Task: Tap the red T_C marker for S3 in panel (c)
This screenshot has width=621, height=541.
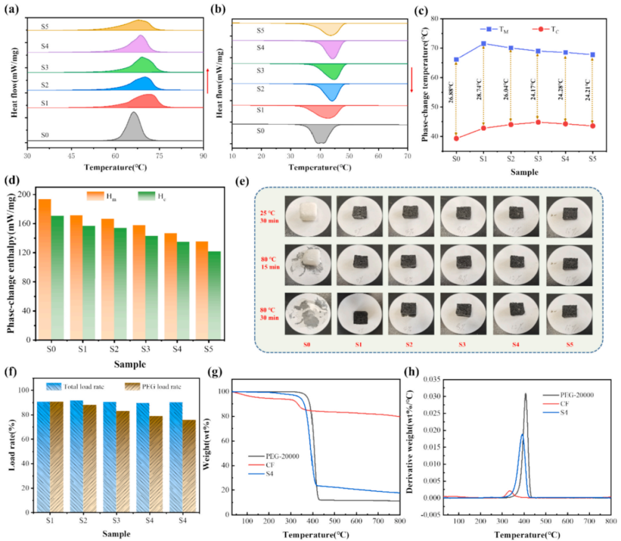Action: (537, 122)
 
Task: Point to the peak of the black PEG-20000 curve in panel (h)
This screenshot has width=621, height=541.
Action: (525, 394)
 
